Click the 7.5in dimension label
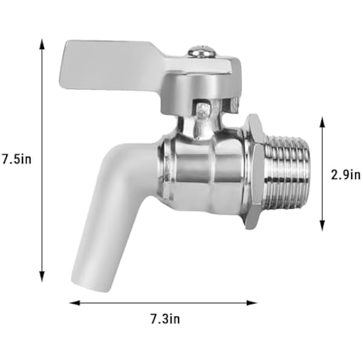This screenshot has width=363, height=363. (x=16, y=159)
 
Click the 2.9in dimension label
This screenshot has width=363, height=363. (x=345, y=175)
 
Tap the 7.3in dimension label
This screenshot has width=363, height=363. (x=165, y=319)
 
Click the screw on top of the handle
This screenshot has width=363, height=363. (x=201, y=51)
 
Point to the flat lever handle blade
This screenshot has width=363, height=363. (x=111, y=65)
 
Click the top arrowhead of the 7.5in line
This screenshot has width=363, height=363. (x=42, y=44)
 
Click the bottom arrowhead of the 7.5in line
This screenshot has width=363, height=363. (x=42, y=276)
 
